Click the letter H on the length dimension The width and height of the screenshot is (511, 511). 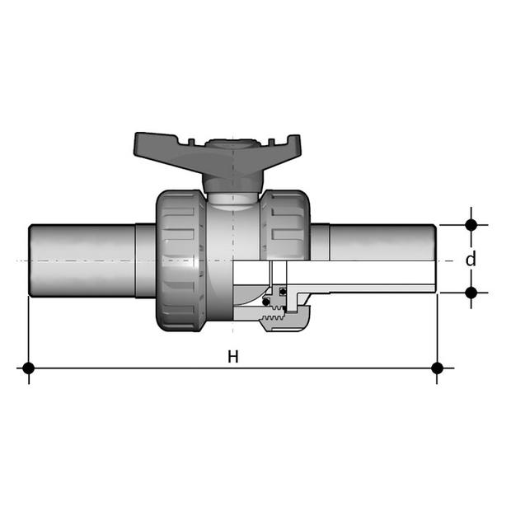tap(233, 357)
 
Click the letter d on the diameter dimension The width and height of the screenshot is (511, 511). tap(471, 259)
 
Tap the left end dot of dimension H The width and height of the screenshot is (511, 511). tap(29, 368)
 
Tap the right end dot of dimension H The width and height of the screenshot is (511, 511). tap(437, 368)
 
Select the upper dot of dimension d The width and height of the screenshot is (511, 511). tap(471, 225)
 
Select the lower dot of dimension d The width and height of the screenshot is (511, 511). tap(471, 293)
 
